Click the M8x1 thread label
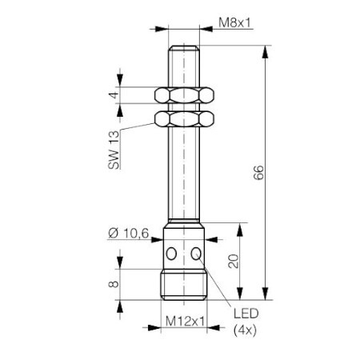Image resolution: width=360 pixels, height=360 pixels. click(x=235, y=22)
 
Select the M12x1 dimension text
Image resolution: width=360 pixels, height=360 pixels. click(x=185, y=321)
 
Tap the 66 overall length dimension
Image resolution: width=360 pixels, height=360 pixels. click(x=258, y=173)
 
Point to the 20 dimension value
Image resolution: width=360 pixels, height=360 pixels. click(x=234, y=261)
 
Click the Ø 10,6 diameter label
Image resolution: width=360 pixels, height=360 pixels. click(x=129, y=234)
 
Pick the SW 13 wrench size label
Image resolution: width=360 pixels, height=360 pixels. click(x=114, y=150)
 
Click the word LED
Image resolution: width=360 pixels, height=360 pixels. click(x=246, y=314)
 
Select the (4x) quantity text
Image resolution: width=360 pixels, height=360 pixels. click(x=245, y=330)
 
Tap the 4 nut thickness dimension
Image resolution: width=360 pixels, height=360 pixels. click(x=114, y=95)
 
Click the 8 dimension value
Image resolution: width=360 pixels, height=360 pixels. click(x=114, y=284)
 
